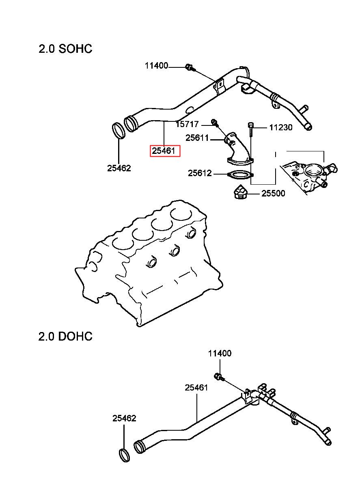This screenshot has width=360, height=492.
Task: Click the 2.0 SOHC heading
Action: coord(65,49)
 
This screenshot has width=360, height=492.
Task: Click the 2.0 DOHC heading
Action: coord(65,336)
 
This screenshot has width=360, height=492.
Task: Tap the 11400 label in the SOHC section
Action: coord(156,66)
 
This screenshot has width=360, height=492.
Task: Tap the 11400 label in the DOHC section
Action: coord(220,354)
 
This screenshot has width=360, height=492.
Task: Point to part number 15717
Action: coord(187,124)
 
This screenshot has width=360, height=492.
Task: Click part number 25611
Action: coord(197,138)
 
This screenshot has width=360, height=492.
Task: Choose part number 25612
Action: coord(200,173)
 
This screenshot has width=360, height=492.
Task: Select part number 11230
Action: coord(281,127)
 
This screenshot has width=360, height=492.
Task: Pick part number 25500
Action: coord(273,193)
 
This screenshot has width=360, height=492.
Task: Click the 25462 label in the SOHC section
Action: coord(119,168)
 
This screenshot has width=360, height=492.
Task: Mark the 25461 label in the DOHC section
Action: coord(196,388)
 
